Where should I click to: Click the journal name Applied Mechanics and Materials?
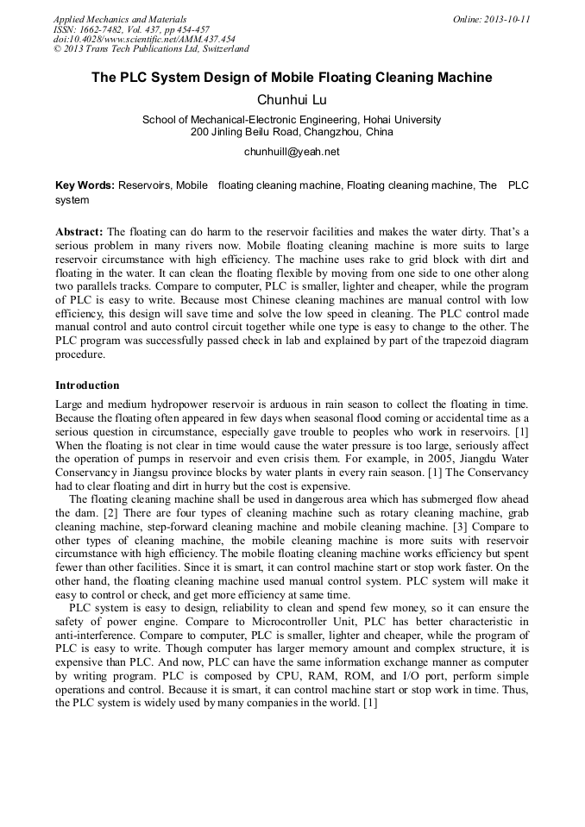[x=120, y=19]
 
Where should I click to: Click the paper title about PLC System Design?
[x=292, y=78]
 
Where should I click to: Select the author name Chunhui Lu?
[x=292, y=100]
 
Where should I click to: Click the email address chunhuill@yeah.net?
[x=292, y=152]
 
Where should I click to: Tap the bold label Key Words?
[x=85, y=185]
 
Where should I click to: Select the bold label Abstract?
[x=79, y=233]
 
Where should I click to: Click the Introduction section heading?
[x=87, y=385]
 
